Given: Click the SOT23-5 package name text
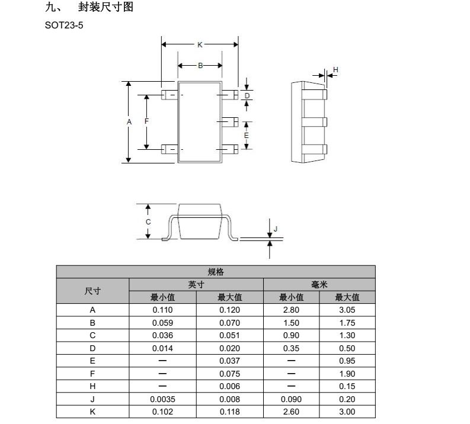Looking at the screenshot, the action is tap(64, 25).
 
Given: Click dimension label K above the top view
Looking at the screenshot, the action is tap(200, 44).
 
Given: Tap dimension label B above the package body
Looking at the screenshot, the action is tap(200, 66).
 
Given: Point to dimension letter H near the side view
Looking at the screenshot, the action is tap(335, 69).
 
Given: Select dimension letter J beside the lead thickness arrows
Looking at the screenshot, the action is tap(276, 229).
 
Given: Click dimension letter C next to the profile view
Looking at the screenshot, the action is tap(148, 222).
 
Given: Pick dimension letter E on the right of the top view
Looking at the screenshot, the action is tap(247, 136).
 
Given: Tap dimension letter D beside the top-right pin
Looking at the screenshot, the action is tap(247, 96).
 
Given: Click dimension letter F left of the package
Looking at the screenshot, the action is tap(146, 121).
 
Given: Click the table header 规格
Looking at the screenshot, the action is tap(216, 272).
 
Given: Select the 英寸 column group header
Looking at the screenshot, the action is tap(196, 284).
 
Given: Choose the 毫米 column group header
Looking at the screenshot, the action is tap(319, 284).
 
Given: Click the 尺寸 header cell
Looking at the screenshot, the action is tap(92, 291).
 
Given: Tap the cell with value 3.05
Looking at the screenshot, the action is tap(347, 310).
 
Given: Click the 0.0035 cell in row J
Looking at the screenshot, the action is tap(162, 399).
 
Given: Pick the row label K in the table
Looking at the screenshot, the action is tap(92, 412).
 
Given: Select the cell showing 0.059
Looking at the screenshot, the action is tap(162, 323).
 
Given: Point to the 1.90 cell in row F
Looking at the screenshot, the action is tap(347, 374).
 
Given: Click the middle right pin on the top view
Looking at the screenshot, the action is tap(230, 122).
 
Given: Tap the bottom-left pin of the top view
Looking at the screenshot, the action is tap(170, 149).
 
